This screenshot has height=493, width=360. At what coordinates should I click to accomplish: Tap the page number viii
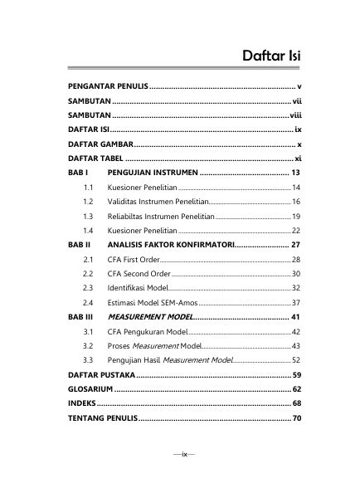[x=294, y=115]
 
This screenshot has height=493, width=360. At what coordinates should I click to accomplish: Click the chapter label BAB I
[x=78, y=173]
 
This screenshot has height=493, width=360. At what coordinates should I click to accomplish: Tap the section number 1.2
[x=88, y=202]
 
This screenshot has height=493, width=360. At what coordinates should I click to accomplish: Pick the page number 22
[x=296, y=230]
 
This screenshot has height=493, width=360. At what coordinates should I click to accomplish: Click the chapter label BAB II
[x=80, y=246]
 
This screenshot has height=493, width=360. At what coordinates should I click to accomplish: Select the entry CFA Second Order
[x=139, y=274]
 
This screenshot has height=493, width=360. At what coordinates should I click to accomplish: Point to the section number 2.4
[x=88, y=302]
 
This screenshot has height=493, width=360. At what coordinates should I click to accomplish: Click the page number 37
[x=296, y=302]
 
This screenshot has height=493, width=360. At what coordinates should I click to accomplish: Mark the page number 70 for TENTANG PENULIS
[x=296, y=418]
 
